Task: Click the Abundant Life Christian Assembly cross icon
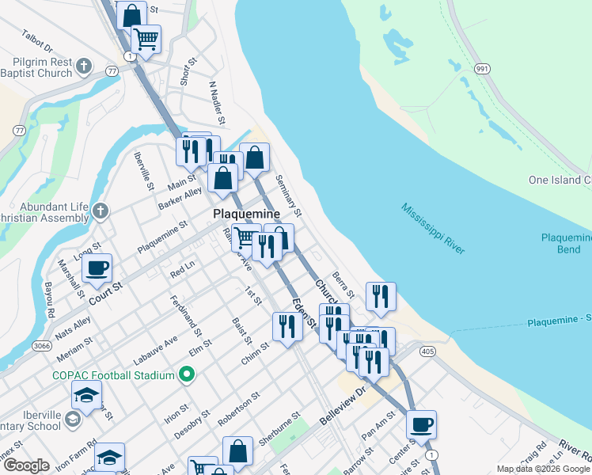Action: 99,211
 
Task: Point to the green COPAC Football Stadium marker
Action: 187,374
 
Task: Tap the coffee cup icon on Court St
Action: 97,268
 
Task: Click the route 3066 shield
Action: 43,346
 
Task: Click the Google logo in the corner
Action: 26,465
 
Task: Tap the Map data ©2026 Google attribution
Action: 543,469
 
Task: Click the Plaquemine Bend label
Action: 566,243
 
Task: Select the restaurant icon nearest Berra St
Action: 381,296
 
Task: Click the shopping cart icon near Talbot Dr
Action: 146,37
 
